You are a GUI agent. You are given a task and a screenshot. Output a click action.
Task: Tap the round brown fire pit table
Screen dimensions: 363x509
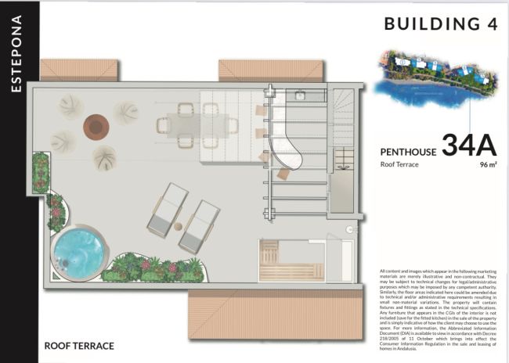pyautogui.click(x=96, y=125)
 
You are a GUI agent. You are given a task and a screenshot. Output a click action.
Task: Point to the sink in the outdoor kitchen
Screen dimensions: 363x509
pyautogui.click(x=300, y=96)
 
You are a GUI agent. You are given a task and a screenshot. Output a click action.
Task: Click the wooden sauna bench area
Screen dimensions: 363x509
pyautogui.click(x=280, y=261)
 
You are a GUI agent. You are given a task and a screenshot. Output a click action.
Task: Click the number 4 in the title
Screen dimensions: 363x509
pyautogui.click(x=492, y=24)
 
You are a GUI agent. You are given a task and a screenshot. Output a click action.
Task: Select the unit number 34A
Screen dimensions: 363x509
pyautogui.click(x=471, y=145)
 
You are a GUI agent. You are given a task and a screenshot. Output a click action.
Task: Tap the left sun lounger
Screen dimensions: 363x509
pyautogui.click(x=165, y=208)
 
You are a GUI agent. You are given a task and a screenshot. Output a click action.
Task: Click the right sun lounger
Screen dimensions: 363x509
pyautogui.click(x=198, y=226)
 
